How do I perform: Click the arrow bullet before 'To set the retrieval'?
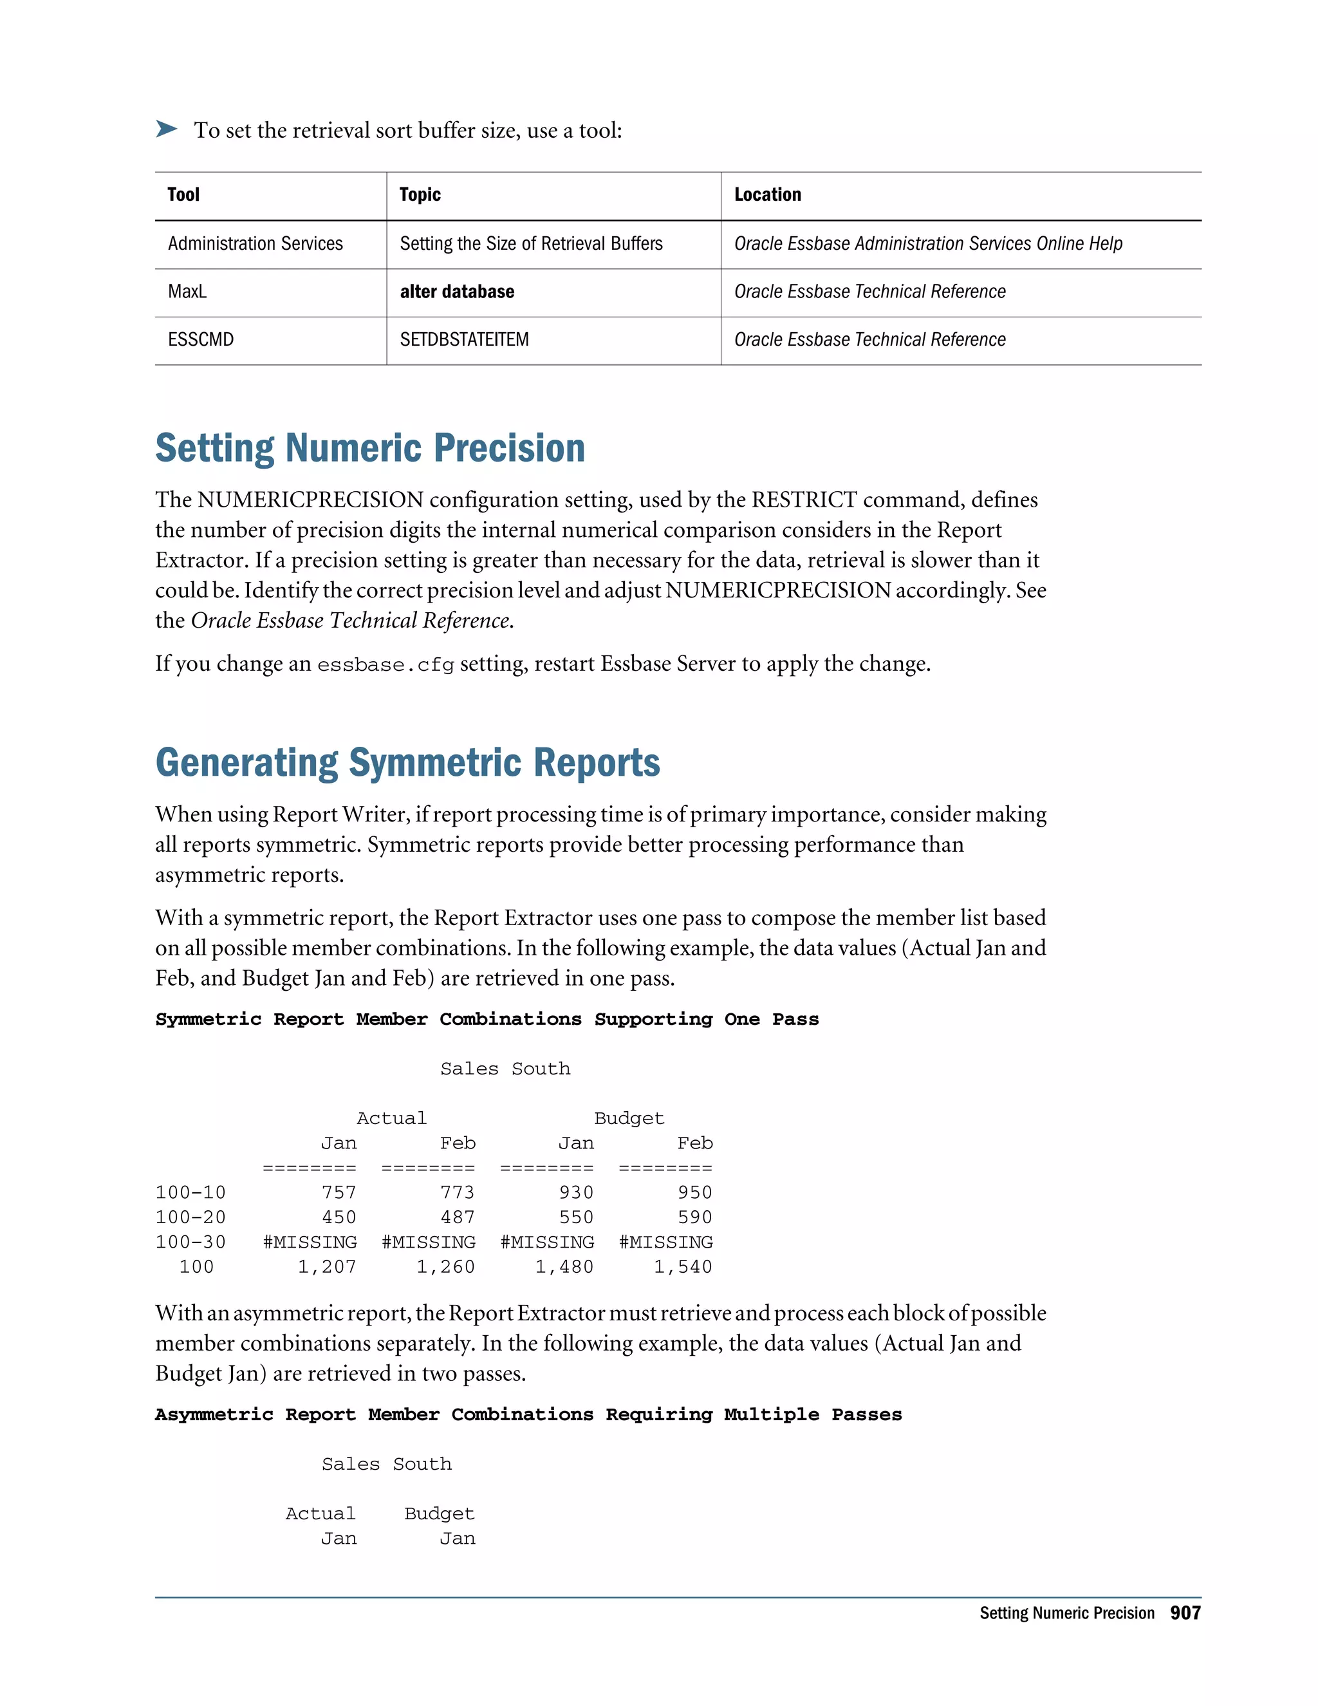click(x=166, y=129)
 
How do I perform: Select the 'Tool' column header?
click(x=183, y=194)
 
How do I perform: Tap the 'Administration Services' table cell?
click(x=255, y=244)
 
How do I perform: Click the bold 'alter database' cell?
click(x=457, y=292)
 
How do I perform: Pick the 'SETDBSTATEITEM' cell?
click(x=464, y=340)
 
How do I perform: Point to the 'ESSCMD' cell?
click(x=201, y=340)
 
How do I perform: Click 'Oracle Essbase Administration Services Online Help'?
click(x=927, y=244)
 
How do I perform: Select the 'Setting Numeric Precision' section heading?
click(x=370, y=448)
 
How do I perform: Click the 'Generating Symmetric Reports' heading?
click(x=407, y=762)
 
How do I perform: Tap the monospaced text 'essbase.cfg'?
click(x=385, y=665)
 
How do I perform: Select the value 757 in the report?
click(x=339, y=1192)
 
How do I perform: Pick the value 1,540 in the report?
click(x=682, y=1266)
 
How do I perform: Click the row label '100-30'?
click(x=190, y=1241)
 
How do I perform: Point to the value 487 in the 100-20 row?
click(x=458, y=1217)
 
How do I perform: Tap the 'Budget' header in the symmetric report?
click(x=629, y=1118)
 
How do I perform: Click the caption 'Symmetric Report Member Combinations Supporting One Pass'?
click(x=487, y=1019)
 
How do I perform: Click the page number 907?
click(x=1185, y=1613)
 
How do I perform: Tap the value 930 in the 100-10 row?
click(x=576, y=1192)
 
